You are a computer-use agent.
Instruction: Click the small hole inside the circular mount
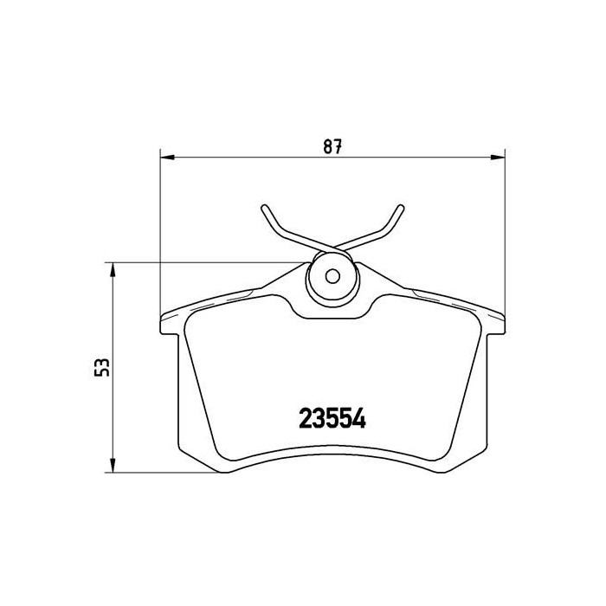[x=332, y=278]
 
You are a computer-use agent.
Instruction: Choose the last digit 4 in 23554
[x=359, y=419]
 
